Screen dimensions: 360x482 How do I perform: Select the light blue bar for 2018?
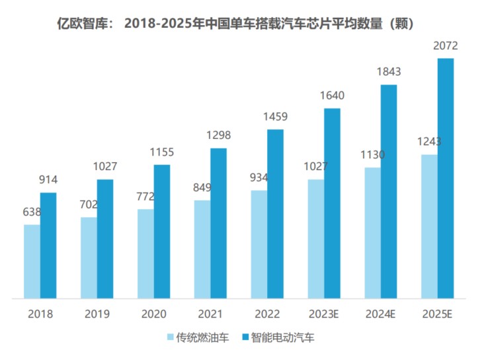(32, 261)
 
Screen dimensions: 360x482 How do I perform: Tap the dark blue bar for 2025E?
(446, 179)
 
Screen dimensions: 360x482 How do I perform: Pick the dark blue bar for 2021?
(219, 223)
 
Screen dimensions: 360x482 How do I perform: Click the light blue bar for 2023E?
(315, 239)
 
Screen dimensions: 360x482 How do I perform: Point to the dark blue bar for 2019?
(105, 239)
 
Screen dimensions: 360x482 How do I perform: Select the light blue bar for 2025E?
(429, 226)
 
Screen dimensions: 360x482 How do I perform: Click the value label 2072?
(445, 46)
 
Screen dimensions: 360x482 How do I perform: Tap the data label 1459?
(274, 117)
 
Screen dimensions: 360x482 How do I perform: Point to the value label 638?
(32, 212)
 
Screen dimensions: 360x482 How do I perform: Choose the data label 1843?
(388, 72)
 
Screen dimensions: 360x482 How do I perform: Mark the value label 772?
(145, 197)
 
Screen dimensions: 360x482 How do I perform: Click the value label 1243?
(429, 142)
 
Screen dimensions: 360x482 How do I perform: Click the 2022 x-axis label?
(266, 314)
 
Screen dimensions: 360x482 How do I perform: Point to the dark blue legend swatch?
(249, 337)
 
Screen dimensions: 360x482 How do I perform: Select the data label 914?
(48, 180)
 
